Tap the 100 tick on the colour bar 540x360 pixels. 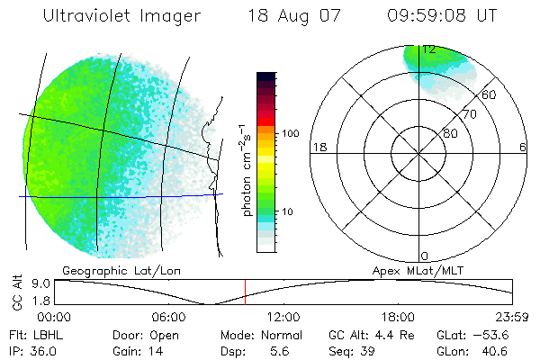[290, 133]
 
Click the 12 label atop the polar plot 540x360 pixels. [429, 49]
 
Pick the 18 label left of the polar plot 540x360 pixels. [318, 148]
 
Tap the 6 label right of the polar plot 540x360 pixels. [523, 148]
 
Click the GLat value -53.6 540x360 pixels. [500, 334]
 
